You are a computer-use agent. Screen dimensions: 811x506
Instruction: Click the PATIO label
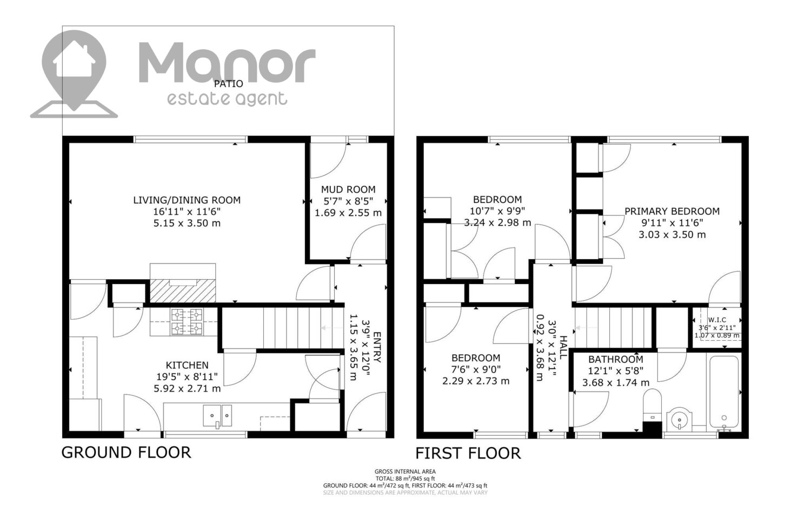pyautogui.click(x=229, y=84)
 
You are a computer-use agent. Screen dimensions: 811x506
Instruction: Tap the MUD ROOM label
pyautogui.click(x=348, y=190)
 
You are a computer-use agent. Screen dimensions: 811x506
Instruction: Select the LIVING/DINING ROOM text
pyautogui.click(x=187, y=200)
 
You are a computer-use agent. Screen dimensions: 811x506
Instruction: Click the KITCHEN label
pyautogui.click(x=187, y=365)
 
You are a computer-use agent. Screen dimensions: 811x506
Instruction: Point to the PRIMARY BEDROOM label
pyautogui.click(x=673, y=211)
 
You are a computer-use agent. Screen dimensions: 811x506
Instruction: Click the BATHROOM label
pyautogui.click(x=616, y=360)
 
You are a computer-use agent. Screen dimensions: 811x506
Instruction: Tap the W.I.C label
pyautogui.click(x=717, y=320)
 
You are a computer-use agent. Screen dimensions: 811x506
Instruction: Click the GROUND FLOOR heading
pyautogui.click(x=126, y=453)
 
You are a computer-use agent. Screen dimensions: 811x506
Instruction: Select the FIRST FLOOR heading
pyautogui.click(x=468, y=453)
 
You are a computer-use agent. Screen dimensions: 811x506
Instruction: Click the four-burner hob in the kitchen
pyautogui.click(x=187, y=322)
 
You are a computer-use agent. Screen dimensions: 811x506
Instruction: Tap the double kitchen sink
pyautogui.click(x=217, y=416)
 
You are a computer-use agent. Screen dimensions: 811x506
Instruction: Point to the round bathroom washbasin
pyautogui.click(x=680, y=420)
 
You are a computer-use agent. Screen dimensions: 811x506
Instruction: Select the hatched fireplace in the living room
pyautogui.click(x=183, y=291)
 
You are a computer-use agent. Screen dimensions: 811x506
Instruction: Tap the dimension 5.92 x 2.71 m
pyautogui.click(x=187, y=389)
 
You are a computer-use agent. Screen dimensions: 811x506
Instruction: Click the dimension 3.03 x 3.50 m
pyautogui.click(x=673, y=235)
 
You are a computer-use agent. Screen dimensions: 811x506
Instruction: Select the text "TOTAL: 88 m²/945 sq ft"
pyautogui.click(x=405, y=478)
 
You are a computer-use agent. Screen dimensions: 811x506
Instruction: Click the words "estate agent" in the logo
pyautogui.click(x=227, y=99)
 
